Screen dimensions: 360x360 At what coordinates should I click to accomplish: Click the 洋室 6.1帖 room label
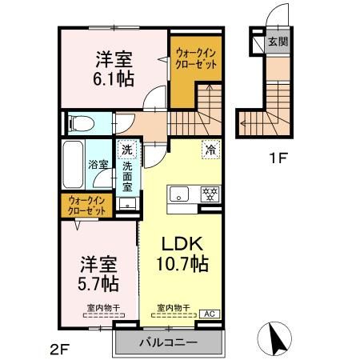[x=115, y=69]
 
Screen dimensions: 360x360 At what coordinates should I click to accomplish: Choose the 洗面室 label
[x=127, y=178]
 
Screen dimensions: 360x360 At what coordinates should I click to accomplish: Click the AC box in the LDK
[x=210, y=314]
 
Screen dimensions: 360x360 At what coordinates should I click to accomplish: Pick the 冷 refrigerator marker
[x=210, y=148]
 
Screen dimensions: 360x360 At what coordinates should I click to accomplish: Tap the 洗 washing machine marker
[x=126, y=148]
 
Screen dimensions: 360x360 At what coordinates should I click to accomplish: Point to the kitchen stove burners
[x=210, y=194]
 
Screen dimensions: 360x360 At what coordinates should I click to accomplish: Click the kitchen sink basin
[x=178, y=194]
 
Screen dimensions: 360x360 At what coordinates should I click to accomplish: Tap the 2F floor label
[x=61, y=348]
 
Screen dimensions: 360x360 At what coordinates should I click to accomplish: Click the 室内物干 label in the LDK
[x=172, y=307]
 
